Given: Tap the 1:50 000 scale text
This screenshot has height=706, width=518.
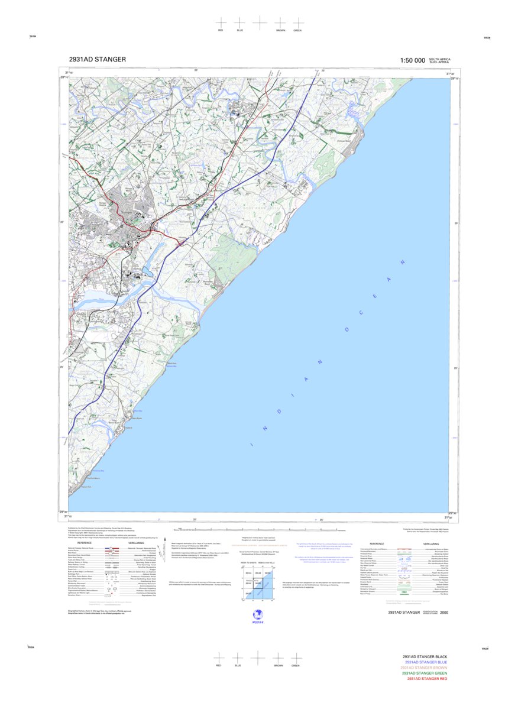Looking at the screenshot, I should (x=412, y=60).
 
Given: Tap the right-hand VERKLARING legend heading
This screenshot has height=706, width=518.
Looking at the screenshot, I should (x=430, y=543).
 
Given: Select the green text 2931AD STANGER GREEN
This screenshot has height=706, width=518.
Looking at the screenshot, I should (x=425, y=673).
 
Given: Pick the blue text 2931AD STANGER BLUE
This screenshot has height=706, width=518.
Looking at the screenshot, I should (x=426, y=662).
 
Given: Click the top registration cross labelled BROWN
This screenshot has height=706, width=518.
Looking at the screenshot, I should (x=280, y=22).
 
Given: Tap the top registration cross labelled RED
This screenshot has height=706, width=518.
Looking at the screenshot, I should (x=221, y=22).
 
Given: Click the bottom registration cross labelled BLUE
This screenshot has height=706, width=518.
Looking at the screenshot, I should (x=238, y=658).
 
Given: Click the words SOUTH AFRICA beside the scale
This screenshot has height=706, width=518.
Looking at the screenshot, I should (x=439, y=59).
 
